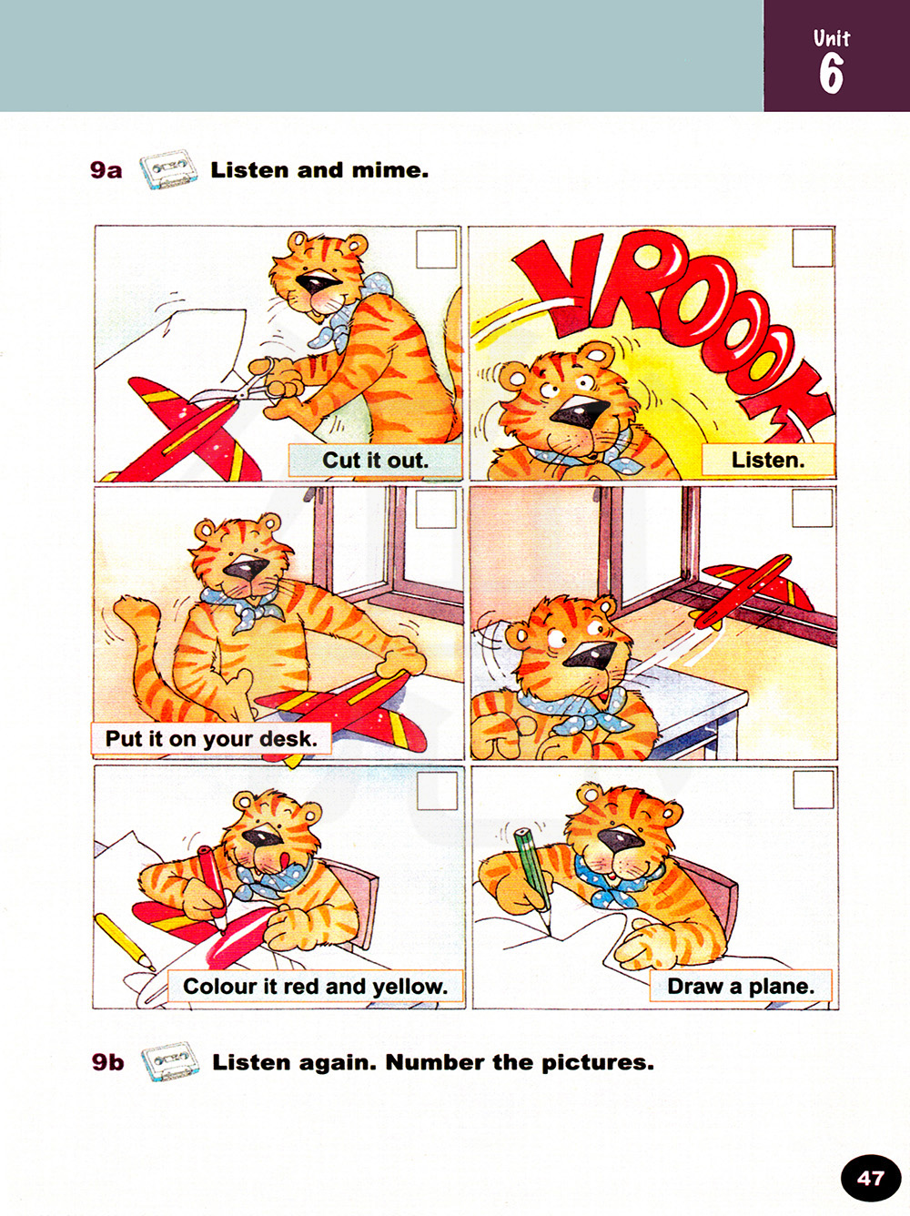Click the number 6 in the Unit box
(x=832, y=74)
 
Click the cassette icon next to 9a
(x=167, y=169)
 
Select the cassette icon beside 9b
(x=170, y=1061)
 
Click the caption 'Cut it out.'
(x=376, y=460)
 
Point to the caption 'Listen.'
(x=768, y=460)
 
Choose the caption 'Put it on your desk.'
(x=211, y=738)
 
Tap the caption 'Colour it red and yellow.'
(x=315, y=987)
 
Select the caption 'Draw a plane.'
(x=741, y=986)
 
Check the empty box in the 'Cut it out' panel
(x=435, y=249)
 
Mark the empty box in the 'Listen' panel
(x=812, y=248)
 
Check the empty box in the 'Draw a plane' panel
(x=813, y=789)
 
